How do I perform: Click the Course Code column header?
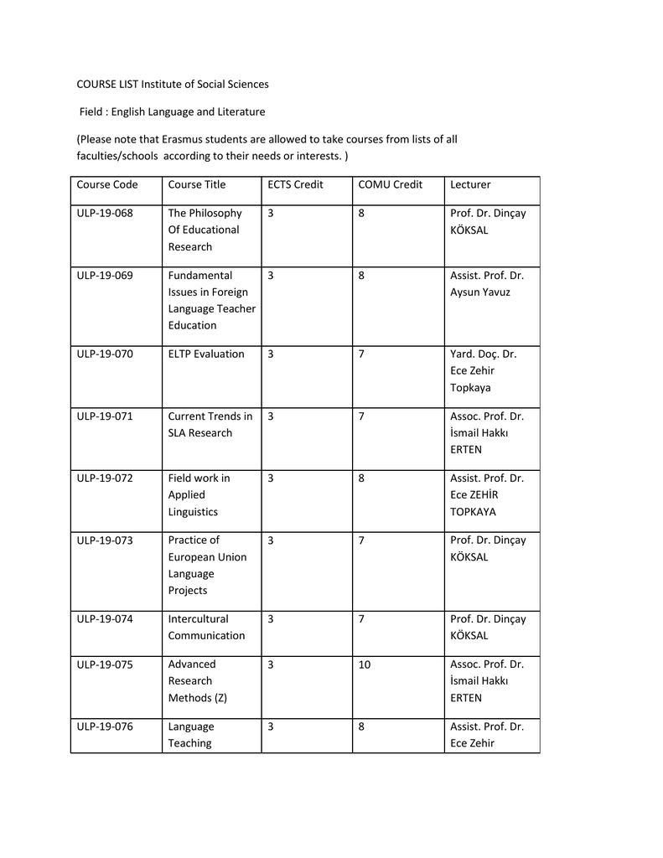point(107,184)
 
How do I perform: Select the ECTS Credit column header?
point(295,184)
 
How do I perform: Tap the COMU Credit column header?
point(390,184)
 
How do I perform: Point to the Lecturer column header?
point(470,184)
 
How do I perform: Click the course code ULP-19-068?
point(105,213)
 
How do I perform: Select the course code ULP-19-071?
point(105,416)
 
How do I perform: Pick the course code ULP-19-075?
point(105,664)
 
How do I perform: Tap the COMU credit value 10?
point(364,664)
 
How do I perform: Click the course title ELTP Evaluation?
point(206,354)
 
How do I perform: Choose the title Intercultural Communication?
point(206,627)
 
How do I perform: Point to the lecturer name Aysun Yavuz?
point(479,292)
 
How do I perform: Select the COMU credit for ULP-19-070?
point(361,354)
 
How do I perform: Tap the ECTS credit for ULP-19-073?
point(271,540)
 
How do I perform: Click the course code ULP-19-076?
point(105,726)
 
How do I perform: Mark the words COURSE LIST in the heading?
point(107,84)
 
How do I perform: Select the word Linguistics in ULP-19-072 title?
point(193,511)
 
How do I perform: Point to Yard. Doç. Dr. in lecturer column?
point(484,354)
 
